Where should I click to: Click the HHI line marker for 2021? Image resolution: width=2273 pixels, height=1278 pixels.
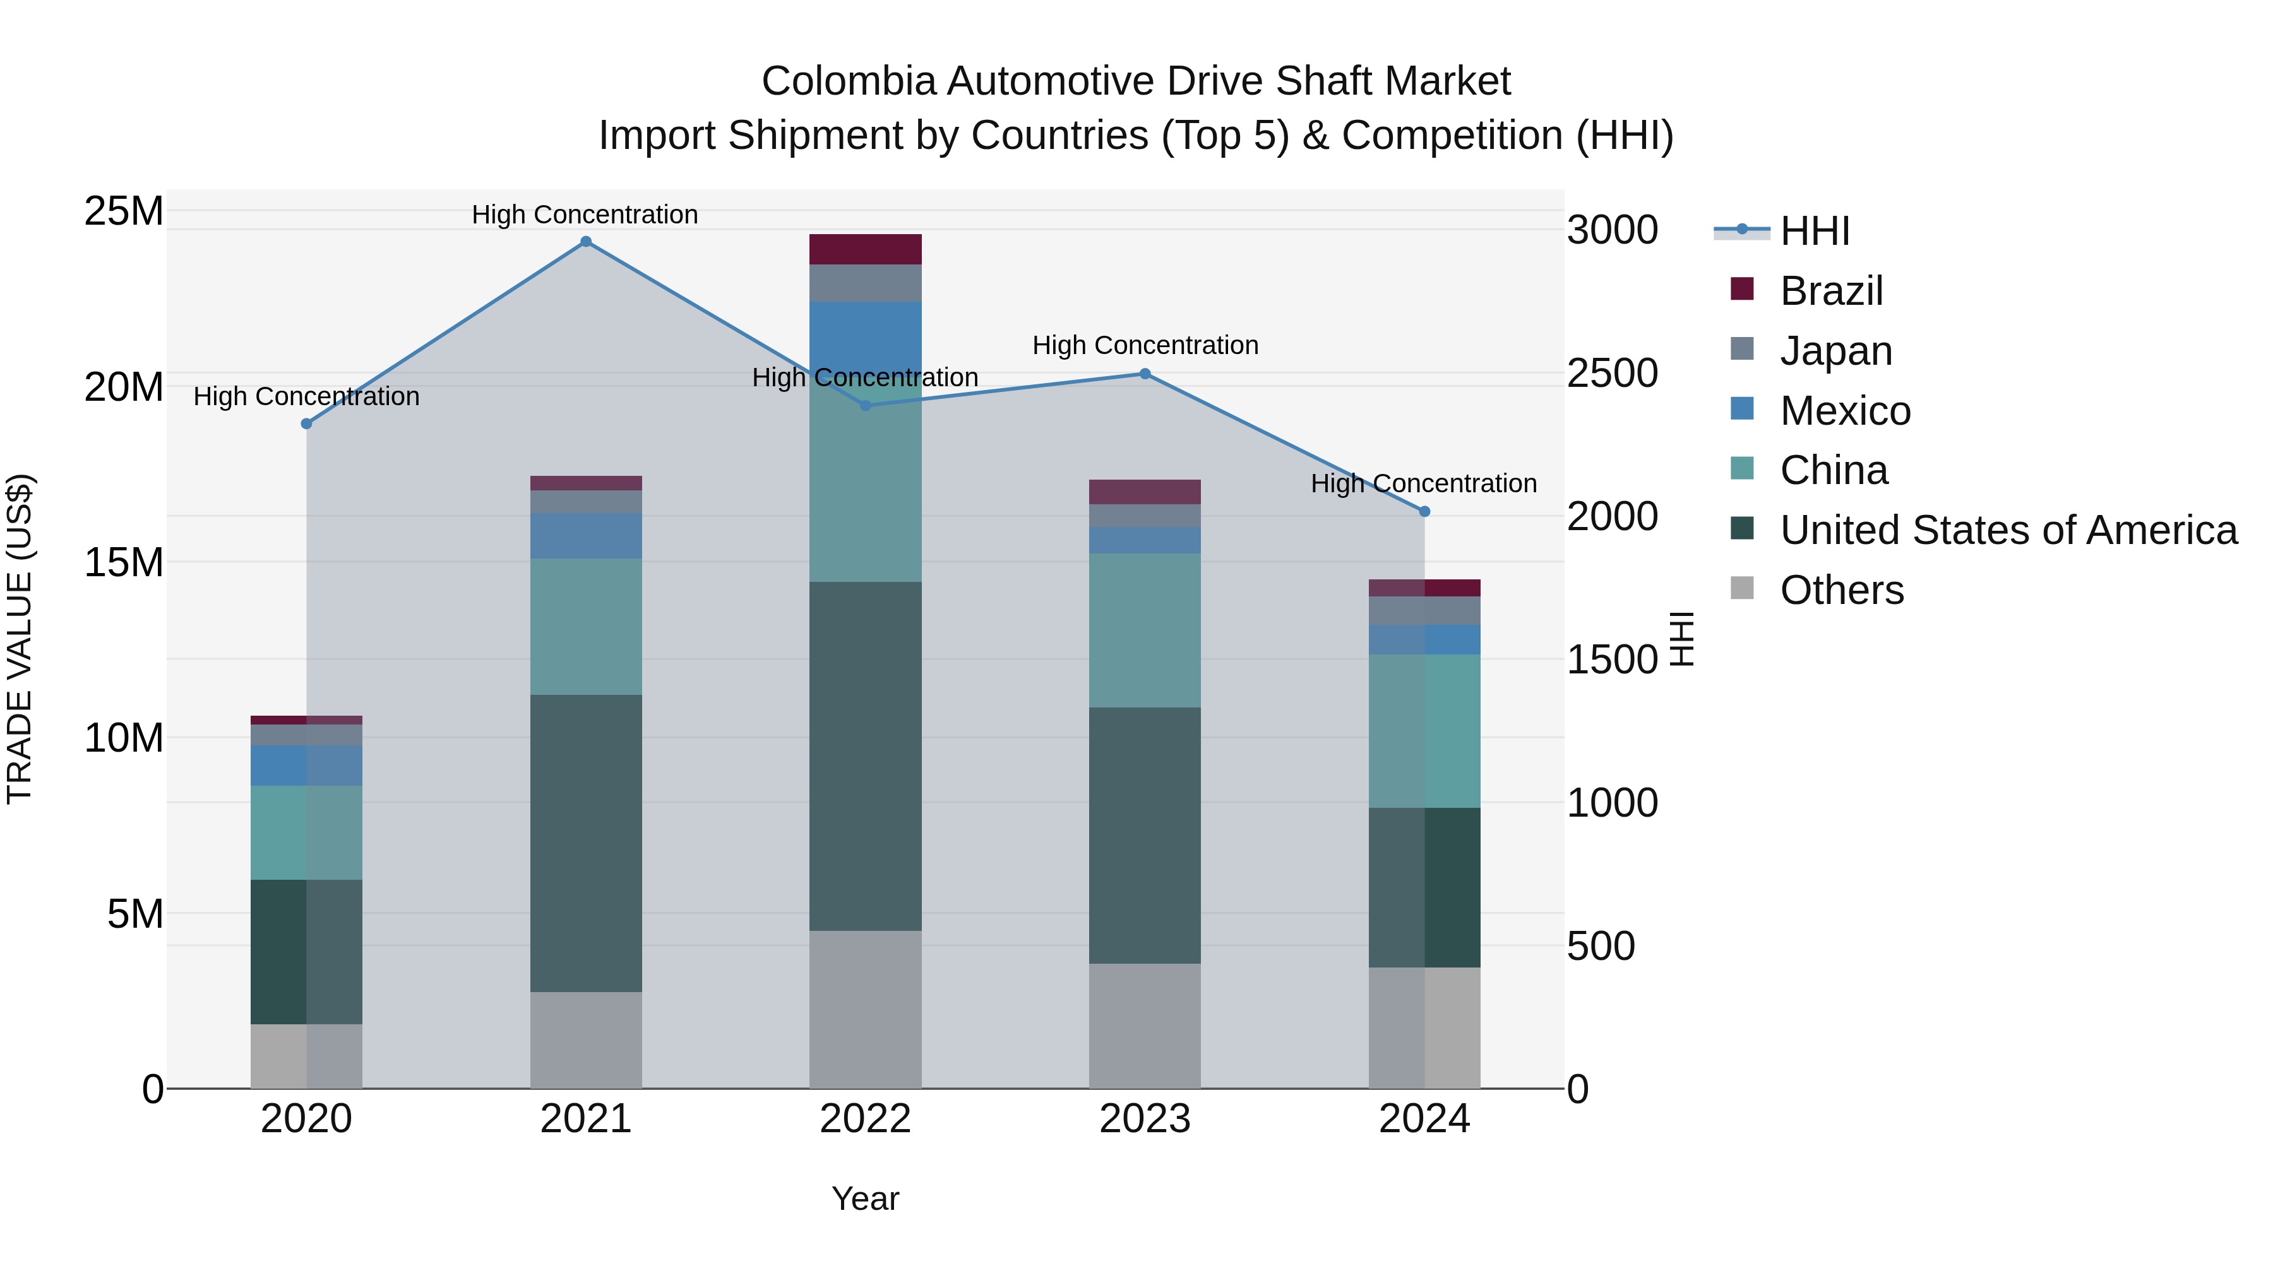tap(586, 242)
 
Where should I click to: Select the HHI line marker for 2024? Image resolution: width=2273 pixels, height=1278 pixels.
tap(1424, 512)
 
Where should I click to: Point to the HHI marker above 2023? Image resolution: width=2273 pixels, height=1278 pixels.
tap(1145, 374)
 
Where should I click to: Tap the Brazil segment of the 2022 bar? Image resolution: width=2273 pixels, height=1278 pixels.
tap(865, 249)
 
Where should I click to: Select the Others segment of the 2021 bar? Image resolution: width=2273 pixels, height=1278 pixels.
tap(586, 1040)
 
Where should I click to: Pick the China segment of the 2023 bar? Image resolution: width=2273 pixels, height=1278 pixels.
tap(1145, 630)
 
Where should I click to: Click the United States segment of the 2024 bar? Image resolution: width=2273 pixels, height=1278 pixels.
tap(1424, 887)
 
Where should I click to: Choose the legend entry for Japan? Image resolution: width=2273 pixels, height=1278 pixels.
tap(1835, 351)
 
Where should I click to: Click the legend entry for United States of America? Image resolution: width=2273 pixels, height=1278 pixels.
tap(2007, 530)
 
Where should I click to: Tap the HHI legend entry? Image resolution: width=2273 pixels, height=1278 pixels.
tap(1813, 231)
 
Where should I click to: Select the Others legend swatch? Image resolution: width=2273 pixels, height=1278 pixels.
tap(1742, 588)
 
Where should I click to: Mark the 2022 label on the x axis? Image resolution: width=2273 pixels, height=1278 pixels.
tap(865, 1119)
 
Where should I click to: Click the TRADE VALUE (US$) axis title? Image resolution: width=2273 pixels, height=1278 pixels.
tap(20, 639)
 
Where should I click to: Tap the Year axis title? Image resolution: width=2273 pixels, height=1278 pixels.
tap(865, 1198)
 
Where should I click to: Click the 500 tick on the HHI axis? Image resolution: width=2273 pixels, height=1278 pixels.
tap(1601, 947)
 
